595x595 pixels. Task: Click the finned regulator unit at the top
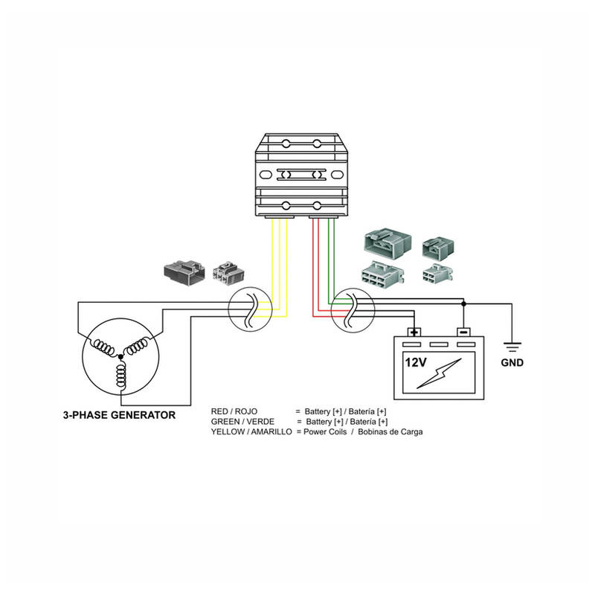(300, 176)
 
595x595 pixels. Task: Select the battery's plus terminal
(414, 332)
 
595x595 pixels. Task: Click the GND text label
(512, 364)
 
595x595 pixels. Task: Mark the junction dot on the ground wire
(463, 303)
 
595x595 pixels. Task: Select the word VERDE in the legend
(257, 422)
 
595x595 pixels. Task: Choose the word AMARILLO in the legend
(268, 432)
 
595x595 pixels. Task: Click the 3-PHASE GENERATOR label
(119, 415)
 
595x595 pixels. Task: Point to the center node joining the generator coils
(120, 356)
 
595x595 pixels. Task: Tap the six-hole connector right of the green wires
(382, 274)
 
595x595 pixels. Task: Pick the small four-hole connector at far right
(434, 274)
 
